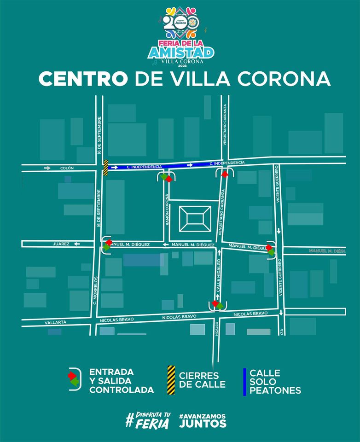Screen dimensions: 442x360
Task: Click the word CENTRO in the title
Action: [83, 79]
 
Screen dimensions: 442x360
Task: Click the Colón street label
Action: [67, 168]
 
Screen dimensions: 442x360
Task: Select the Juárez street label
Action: [61, 244]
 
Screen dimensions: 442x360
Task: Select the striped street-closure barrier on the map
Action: [105, 168]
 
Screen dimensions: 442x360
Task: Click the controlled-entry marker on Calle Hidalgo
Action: [217, 304]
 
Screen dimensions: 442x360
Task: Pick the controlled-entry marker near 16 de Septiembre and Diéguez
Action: [107, 244]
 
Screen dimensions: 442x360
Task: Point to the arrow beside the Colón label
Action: [47, 168]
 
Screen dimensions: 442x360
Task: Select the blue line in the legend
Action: [244, 381]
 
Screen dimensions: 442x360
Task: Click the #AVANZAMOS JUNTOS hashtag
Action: [204, 419]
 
